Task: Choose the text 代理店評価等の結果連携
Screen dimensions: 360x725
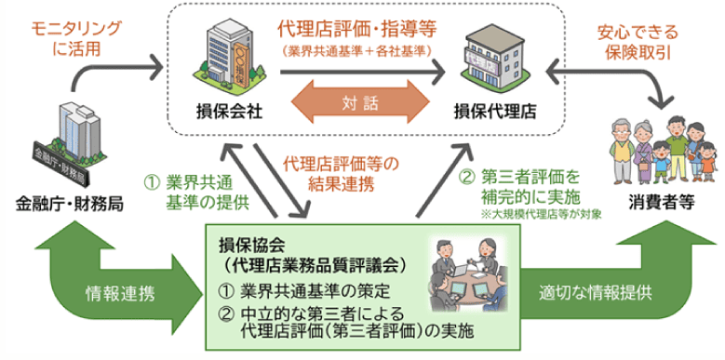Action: (341, 172)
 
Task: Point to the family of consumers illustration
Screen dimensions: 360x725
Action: (663, 150)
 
